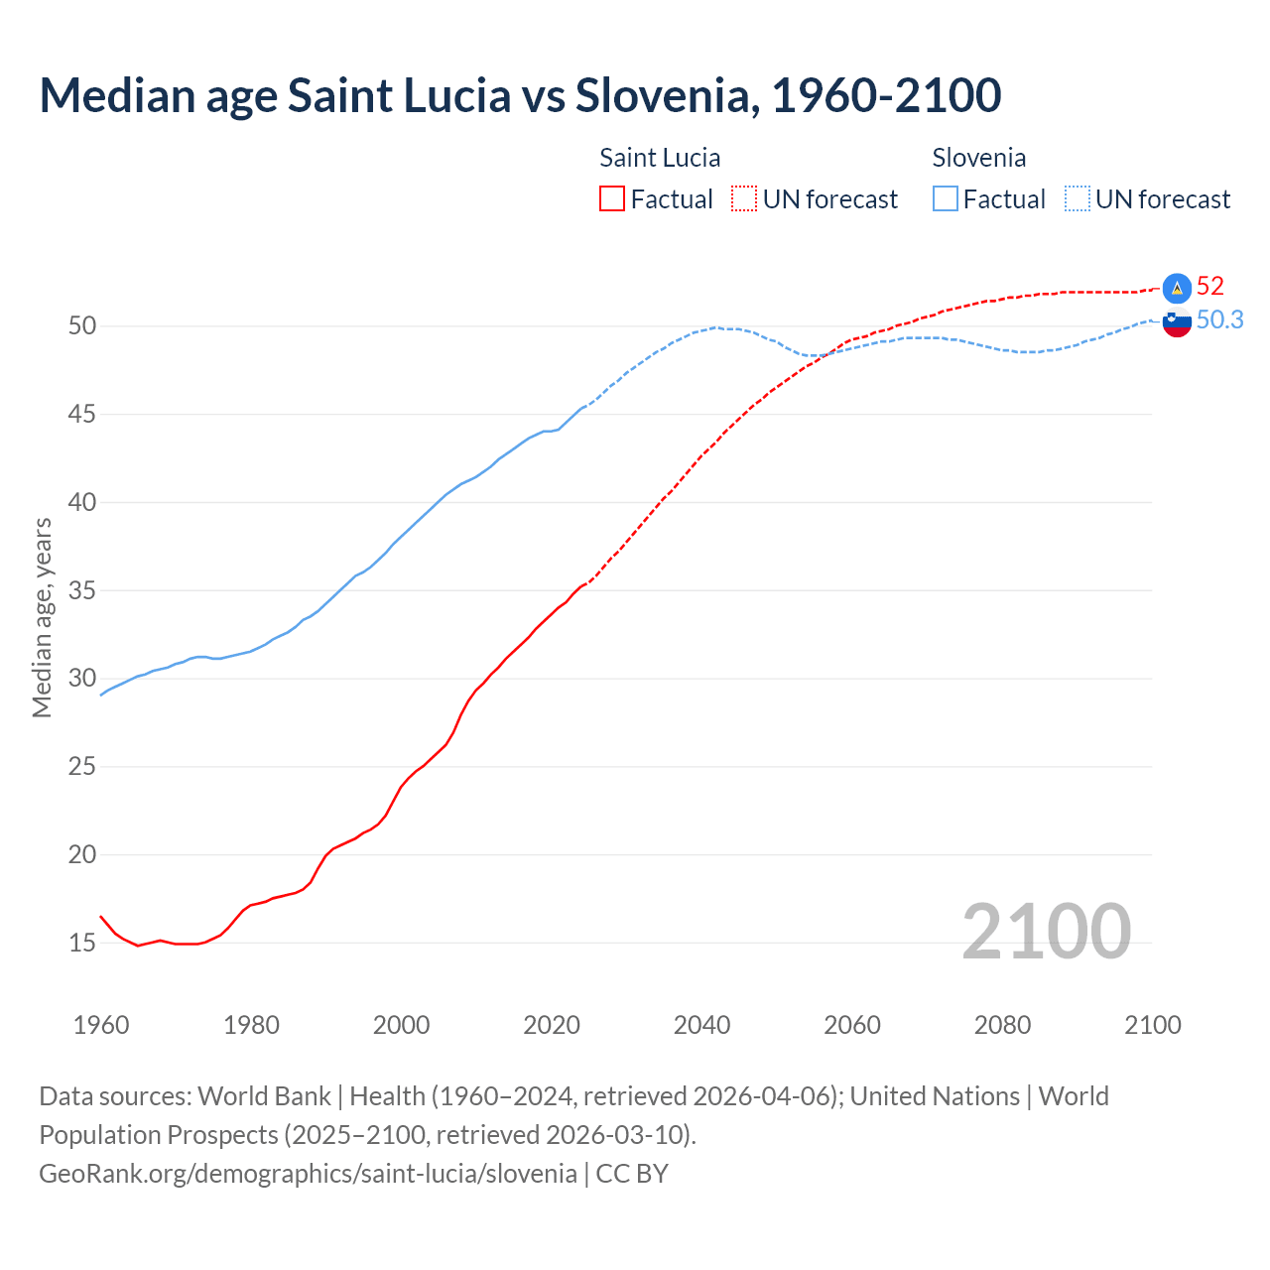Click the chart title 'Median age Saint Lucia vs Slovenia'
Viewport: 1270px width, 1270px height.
coord(520,95)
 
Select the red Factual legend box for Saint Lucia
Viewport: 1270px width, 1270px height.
coord(612,198)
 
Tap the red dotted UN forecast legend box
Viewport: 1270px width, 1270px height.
coord(744,198)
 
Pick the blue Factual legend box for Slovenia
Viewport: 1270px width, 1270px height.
coord(946,198)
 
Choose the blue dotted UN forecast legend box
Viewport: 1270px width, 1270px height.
coord(1078,198)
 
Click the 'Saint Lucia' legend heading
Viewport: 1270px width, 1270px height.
coord(660,158)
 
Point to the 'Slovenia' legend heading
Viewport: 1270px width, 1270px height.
coord(978,158)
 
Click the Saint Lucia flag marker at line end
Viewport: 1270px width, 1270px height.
coord(1177,288)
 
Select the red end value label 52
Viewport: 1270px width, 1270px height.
coord(1209,287)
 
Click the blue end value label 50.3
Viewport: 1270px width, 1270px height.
coord(1219,319)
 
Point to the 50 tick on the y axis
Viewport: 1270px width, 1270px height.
coord(82,326)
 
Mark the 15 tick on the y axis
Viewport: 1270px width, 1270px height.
coord(82,943)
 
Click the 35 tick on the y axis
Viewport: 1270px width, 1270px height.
coord(82,590)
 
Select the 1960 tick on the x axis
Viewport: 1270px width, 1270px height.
coord(101,1025)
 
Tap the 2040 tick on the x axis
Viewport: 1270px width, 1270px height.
coord(701,1025)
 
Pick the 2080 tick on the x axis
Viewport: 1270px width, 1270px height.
coord(1002,1025)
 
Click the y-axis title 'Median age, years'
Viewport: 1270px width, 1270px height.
coord(42,617)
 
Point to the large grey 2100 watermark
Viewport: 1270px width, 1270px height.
coord(1046,931)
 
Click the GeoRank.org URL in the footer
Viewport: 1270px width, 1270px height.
coord(308,1173)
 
